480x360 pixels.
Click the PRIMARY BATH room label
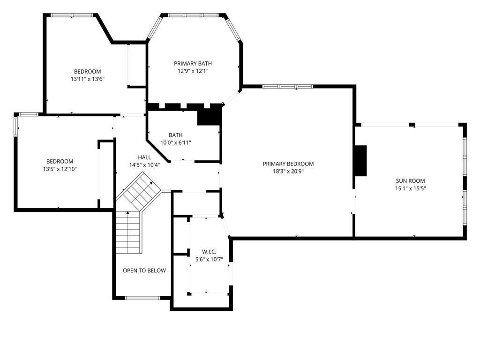[x=193, y=63]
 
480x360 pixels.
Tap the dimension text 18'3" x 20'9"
[x=288, y=172]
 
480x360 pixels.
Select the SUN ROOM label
[x=410, y=180]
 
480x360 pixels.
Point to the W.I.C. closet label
[x=209, y=252]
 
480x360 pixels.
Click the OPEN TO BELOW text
[x=144, y=270]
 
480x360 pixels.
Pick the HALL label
[x=144, y=157]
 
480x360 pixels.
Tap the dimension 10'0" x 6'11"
[x=176, y=142]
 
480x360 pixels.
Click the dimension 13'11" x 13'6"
[x=88, y=79]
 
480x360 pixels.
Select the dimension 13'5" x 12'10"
[x=60, y=169]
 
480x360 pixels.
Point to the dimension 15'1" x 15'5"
[x=410, y=188]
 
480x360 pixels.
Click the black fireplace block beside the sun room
[x=360, y=161]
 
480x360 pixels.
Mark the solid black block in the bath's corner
[x=210, y=114]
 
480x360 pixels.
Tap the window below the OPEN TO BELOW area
[x=142, y=298]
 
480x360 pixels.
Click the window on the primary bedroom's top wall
[x=288, y=87]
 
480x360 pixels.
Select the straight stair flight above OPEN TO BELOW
[x=128, y=232]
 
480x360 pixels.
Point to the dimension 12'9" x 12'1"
[x=193, y=71]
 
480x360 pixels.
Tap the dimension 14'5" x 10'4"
[x=144, y=165]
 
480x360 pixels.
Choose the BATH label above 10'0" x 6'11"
[x=176, y=135]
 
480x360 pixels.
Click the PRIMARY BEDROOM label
[x=288, y=164]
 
